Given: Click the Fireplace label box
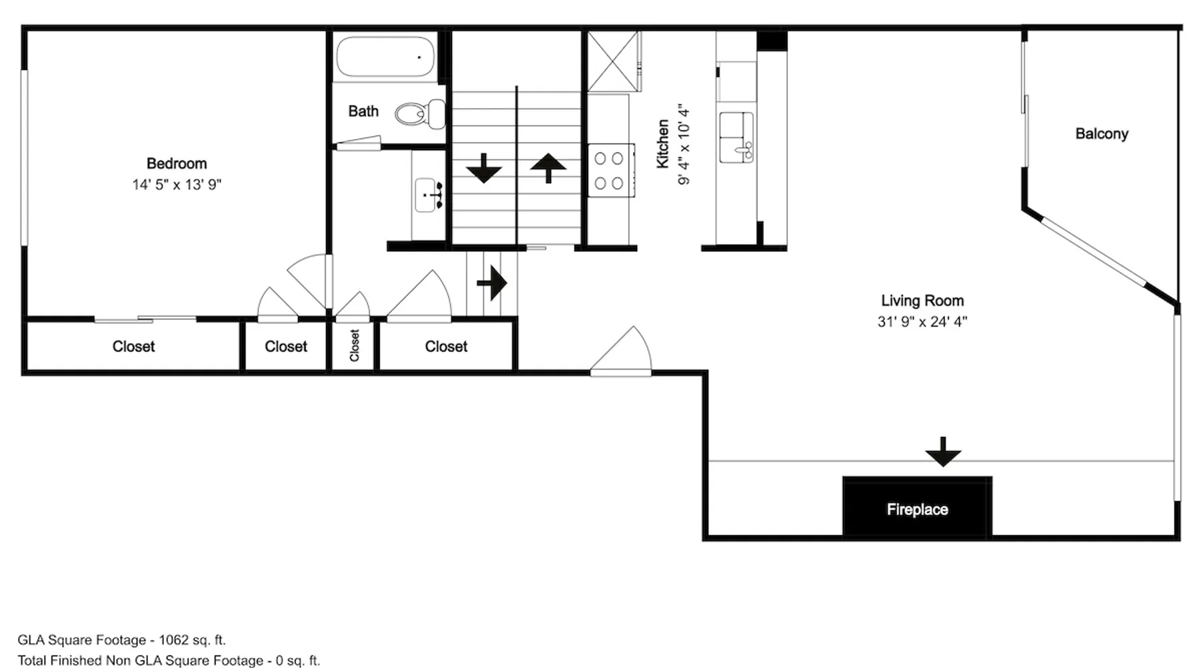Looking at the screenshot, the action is (917, 506).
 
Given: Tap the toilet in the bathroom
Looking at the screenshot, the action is (420, 114).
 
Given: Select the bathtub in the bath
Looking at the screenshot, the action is (385, 57).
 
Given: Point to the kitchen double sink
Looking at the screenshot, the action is (736, 137).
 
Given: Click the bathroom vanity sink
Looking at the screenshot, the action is (428, 195).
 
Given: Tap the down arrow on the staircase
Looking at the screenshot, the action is (483, 168).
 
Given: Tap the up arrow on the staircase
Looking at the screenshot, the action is (548, 168).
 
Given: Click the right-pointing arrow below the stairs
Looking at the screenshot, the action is (492, 283).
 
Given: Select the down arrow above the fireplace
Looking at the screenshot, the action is (943, 452).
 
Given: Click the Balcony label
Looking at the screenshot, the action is (1102, 134).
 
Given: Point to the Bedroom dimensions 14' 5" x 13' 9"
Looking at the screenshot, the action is (177, 184).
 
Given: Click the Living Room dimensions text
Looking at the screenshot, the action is (922, 321).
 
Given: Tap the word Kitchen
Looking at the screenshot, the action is (662, 144).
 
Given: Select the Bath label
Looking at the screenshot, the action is (363, 111).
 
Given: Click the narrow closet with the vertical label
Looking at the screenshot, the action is (354, 345).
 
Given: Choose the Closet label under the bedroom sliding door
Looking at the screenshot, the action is (134, 346).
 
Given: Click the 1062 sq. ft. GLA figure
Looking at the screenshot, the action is (192, 640).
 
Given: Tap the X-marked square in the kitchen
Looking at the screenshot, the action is (613, 61).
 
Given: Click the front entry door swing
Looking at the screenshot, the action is (621, 351).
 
